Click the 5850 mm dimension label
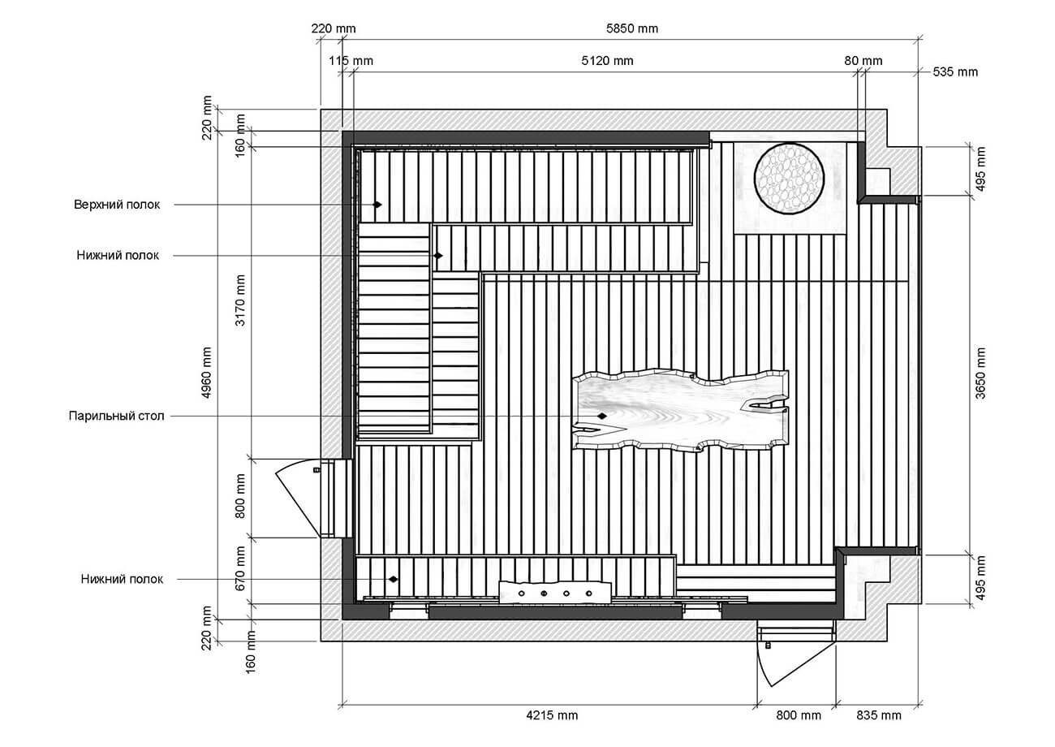(x=631, y=28)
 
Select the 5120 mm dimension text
(x=607, y=61)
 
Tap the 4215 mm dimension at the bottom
(x=552, y=715)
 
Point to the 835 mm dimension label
(x=878, y=715)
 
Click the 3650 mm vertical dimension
(x=980, y=373)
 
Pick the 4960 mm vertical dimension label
(x=206, y=373)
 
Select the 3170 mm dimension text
(x=240, y=300)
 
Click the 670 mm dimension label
(x=240, y=568)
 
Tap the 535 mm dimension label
(x=955, y=72)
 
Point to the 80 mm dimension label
(x=863, y=61)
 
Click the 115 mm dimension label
(x=351, y=61)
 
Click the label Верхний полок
(x=117, y=205)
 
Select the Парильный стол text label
(x=116, y=417)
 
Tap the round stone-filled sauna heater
(x=789, y=179)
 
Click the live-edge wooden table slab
(x=680, y=411)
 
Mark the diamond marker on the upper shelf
(x=377, y=205)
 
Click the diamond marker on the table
(x=602, y=417)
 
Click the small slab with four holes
(x=555, y=593)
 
